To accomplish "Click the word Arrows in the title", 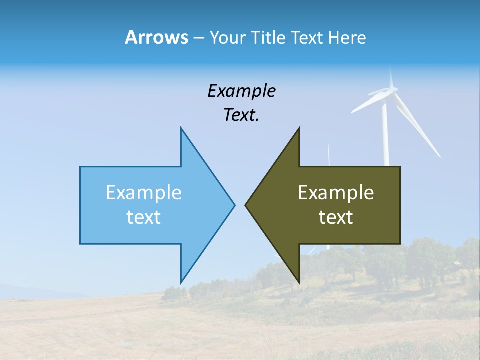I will tap(156, 37).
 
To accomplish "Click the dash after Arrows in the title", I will tap(198, 38).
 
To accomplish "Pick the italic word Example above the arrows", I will tap(241, 91).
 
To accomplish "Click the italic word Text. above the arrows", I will tap(241, 115).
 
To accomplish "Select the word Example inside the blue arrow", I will tap(144, 193).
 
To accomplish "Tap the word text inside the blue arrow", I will tap(144, 217).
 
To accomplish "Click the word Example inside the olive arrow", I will tap(336, 193).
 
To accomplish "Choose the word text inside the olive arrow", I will tap(336, 217).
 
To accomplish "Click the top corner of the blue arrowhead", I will tap(181, 129).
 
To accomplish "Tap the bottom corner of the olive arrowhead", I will tap(299, 282).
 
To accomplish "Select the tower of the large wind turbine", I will tap(386, 135).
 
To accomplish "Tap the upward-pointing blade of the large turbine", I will tap(391, 75).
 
